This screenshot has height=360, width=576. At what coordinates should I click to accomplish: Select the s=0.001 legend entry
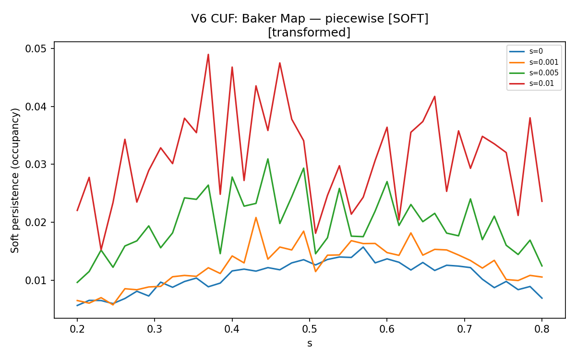click(534, 62)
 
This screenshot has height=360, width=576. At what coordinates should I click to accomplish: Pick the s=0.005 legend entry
click(534, 73)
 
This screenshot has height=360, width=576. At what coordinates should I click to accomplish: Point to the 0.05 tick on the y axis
click(36, 48)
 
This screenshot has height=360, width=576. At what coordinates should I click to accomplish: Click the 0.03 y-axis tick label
click(36, 164)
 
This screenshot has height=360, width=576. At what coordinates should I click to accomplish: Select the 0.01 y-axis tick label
click(36, 280)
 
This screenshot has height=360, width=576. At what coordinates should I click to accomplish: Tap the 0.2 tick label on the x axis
click(77, 329)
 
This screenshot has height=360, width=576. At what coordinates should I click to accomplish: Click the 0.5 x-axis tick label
click(310, 329)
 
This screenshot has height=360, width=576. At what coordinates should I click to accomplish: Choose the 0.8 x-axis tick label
click(542, 329)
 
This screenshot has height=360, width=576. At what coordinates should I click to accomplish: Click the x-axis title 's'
click(310, 344)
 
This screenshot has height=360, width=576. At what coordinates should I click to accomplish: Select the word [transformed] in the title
click(309, 33)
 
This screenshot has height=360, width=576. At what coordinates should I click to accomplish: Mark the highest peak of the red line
click(208, 55)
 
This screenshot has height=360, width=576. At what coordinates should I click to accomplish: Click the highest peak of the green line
click(268, 159)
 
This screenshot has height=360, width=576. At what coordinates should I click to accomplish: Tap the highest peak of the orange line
click(256, 217)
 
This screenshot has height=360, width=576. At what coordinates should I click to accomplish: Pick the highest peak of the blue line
click(363, 247)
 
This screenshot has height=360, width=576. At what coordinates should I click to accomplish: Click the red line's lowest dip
click(101, 250)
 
